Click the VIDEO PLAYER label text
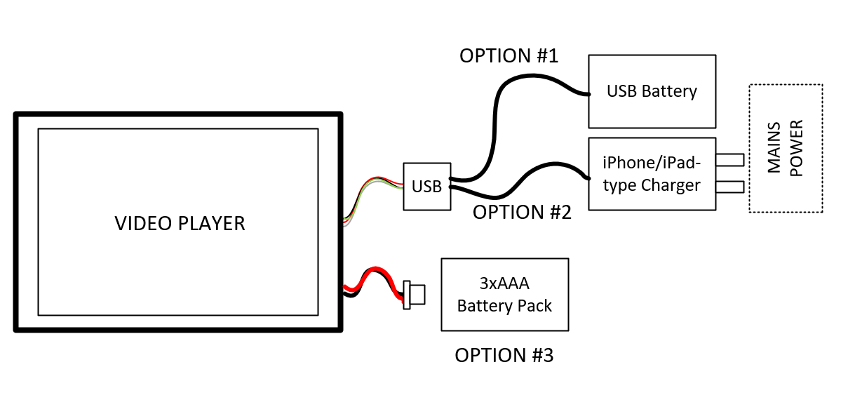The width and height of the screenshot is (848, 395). pyautogui.click(x=180, y=224)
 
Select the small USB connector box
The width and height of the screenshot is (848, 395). pyautogui.click(x=426, y=187)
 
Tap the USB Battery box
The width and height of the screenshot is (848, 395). pyautogui.click(x=652, y=91)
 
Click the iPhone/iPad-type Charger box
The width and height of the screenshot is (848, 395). pyautogui.click(x=652, y=173)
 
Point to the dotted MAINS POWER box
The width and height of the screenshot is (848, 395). pyautogui.click(x=785, y=148)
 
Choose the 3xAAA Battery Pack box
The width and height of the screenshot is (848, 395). pyautogui.click(x=504, y=295)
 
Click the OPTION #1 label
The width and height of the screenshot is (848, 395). pyautogui.click(x=509, y=56)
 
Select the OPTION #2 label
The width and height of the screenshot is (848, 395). pyautogui.click(x=522, y=212)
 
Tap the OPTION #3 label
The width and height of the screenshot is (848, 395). pyautogui.click(x=504, y=356)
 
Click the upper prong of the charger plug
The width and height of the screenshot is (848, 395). pyautogui.click(x=729, y=160)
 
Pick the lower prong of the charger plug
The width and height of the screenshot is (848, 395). pyautogui.click(x=729, y=187)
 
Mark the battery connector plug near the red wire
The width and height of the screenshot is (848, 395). pyautogui.click(x=413, y=295)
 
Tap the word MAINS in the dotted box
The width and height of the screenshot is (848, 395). pyautogui.click(x=774, y=148)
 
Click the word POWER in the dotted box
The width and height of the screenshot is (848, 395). pyautogui.click(x=797, y=148)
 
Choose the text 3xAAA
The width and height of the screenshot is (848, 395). pyautogui.click(x=504, y=284)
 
